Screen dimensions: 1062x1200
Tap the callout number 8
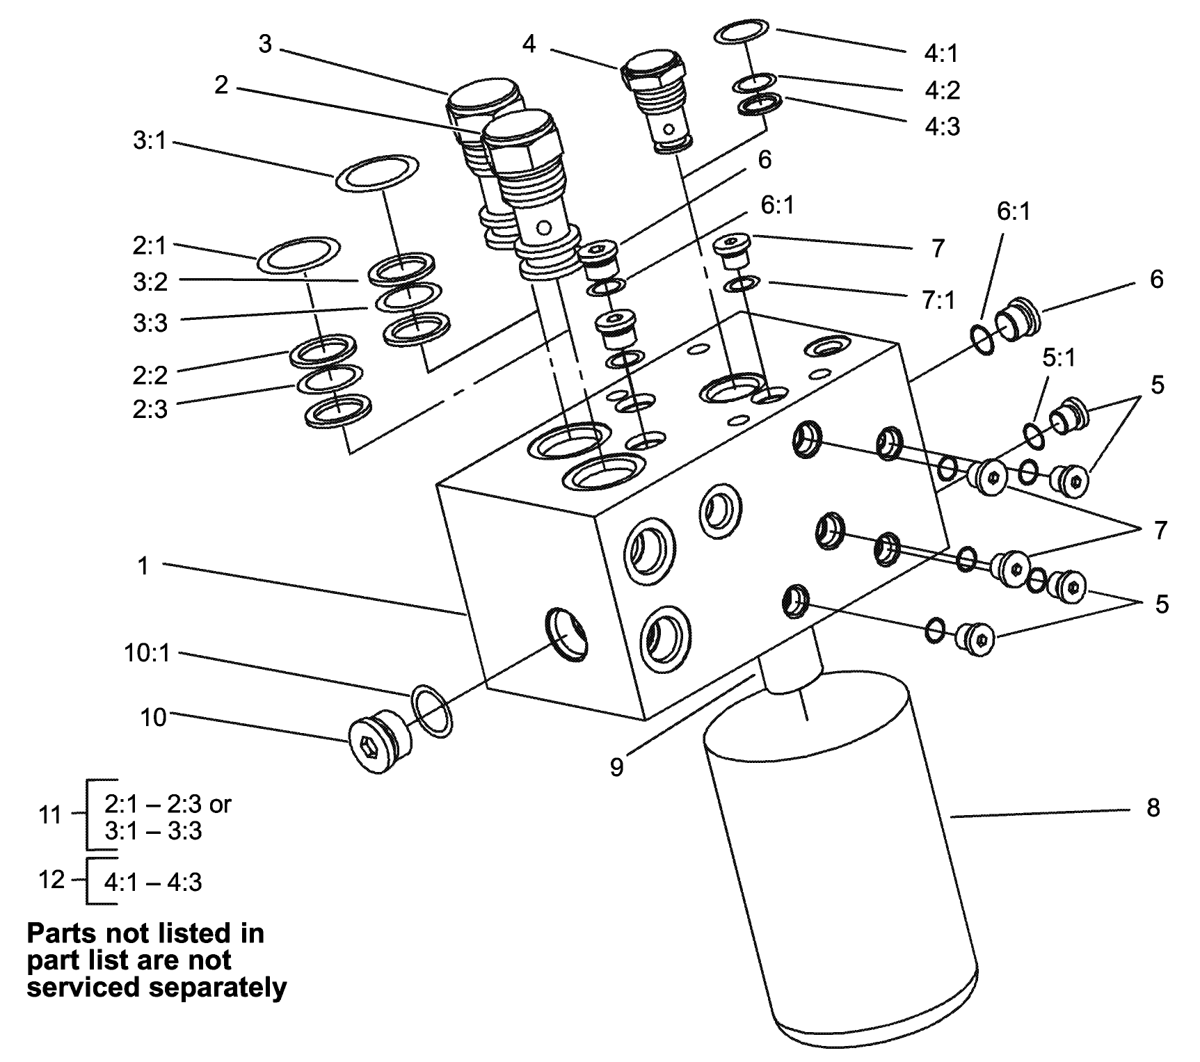(x=1153, y=808)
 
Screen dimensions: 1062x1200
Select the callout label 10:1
(x=146, y=654)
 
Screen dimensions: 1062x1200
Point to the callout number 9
(x=616, y=767)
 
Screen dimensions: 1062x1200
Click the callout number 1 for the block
(x=143, y=566)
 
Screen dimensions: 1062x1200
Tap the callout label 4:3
(x=943, y=127)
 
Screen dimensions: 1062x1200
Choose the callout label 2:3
(x=150, y=409)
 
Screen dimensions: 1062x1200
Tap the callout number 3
(x=265, y=44)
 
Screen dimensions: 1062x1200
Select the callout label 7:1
(x=938, y=299)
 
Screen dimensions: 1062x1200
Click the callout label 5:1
(x=1058, y=357)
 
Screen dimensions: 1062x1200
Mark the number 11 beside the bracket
(x=50, y=814)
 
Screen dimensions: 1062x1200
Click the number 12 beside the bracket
(x=51, y=880)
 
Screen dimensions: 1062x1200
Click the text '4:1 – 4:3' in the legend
(x=153, y=882)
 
